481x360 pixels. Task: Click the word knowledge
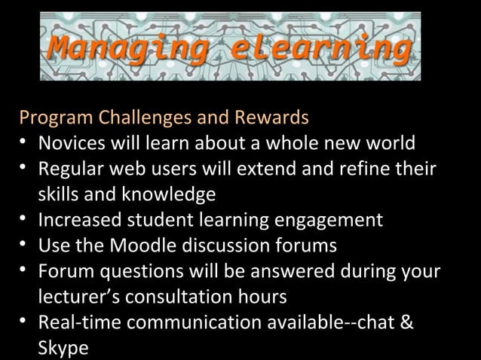click(x=156, y=195)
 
